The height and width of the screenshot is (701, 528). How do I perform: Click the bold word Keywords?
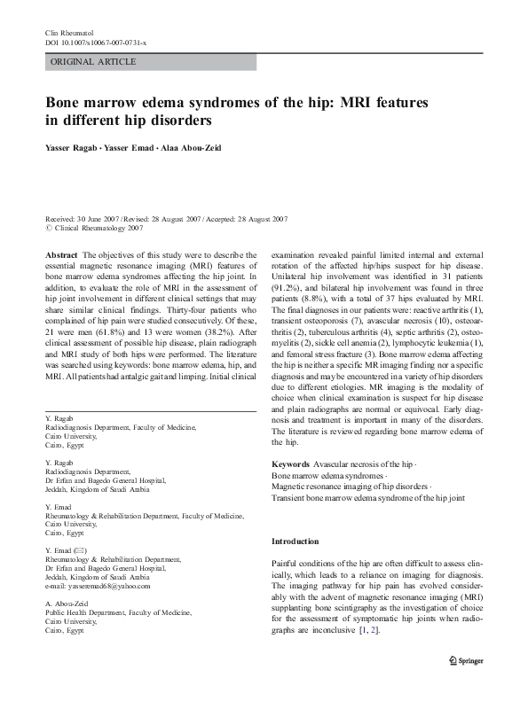pyautogui.click(x=290, y=464)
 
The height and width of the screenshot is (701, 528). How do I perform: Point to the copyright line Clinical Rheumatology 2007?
pyautogui.click(x=100, y=228)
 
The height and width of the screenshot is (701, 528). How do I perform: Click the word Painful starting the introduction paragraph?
pyautogui.click(x=288, y=563)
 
